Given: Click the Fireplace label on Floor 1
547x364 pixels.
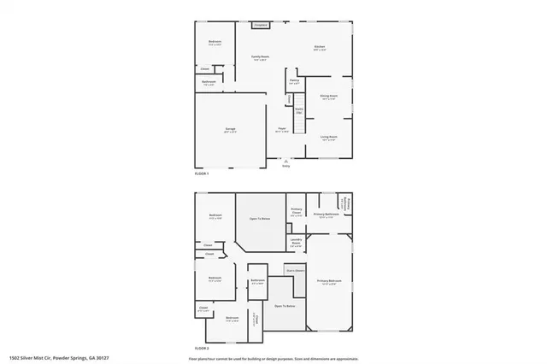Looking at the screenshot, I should click(x=261, y=26).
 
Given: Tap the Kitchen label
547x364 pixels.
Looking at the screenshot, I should click(x=319, y=48).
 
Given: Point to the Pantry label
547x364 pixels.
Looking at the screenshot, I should click(x=294, y=81).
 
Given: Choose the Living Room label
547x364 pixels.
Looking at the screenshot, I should click(x=329, y=138).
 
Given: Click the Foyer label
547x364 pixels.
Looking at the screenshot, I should click(x=281, y=130).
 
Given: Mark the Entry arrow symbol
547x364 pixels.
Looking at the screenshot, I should click(x=286, y=161).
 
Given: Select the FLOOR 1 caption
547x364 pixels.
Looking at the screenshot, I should click(x=202, y=173).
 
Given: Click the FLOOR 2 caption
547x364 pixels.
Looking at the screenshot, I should click(x=202, y=349).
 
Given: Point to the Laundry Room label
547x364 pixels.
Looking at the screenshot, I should click(x=296, y=242).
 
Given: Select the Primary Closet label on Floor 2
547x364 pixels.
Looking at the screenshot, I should click(x=296, y=212).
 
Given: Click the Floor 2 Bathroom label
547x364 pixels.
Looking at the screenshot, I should click(x=257, y=282).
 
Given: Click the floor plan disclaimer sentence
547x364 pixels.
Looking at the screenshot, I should click(x=273, y=358).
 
